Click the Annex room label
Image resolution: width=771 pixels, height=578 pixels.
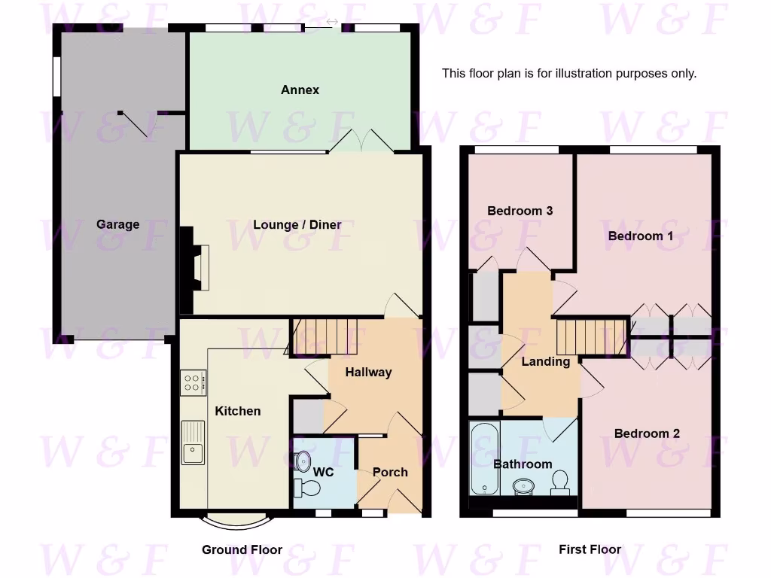tap(300, 90)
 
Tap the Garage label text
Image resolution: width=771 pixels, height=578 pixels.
tap(117, 224)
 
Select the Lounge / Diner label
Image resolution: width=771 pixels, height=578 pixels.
tap(297, 224)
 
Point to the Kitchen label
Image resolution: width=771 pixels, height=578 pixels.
tap(238, 411)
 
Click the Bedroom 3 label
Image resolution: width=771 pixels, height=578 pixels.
tap(520, 211)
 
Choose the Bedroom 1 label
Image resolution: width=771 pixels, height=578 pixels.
tap(641, 236)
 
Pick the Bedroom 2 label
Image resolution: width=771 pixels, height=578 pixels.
tap(647, 433)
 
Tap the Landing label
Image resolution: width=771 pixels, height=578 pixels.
tap(545, 361)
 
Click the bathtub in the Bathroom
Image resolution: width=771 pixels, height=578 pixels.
tap(483, 459)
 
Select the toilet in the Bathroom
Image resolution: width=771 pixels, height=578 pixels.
tap(560, 482)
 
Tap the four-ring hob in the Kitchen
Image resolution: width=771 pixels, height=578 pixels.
tap(193, 383)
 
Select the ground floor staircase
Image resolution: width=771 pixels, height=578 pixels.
tap(325, 336)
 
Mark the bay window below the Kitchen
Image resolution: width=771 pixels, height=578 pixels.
tap(235, 520)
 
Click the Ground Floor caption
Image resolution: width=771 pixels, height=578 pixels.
tap(242, 549)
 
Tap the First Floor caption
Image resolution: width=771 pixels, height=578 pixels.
tap(590, 549)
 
